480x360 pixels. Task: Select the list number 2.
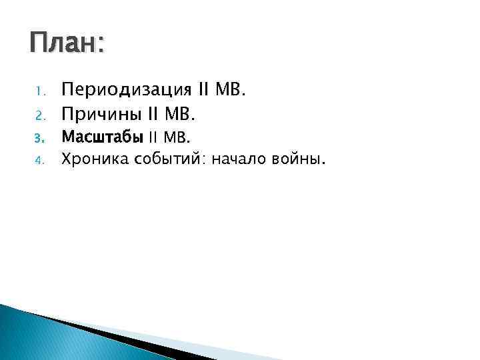(x=39, y=116)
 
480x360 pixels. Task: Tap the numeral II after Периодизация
(x=204, y=89)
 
